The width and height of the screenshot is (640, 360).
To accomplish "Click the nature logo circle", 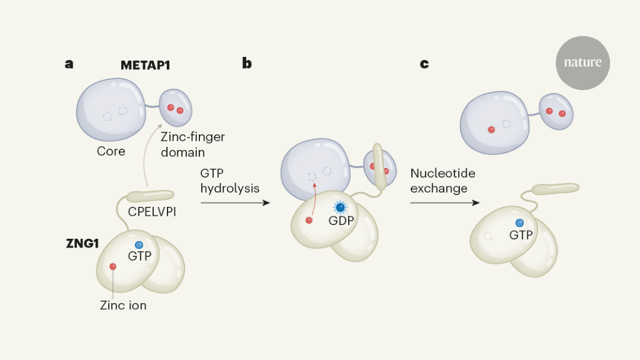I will (x=582, y=62).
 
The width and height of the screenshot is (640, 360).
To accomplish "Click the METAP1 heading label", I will (x=146, y=64).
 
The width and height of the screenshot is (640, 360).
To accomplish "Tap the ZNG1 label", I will (x=82, y=244).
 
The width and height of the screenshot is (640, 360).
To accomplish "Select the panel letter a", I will (x=69, y=63).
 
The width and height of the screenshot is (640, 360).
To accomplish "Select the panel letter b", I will (x=247, y=63).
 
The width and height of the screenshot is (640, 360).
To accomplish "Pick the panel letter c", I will (x=424, y=63).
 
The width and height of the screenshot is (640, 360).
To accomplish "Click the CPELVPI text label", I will (x=152, y=211).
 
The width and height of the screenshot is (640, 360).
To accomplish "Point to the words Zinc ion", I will (x=123, y=306).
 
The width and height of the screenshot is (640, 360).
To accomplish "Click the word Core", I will (x=111, y=151).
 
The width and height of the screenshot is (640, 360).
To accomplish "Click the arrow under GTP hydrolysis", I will (x=235, y=202).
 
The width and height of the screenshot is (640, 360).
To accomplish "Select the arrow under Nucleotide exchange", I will (x=445, y=202).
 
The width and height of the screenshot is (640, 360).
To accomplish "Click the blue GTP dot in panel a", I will (x=139, y=245).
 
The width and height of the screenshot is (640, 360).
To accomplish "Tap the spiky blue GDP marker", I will (x=341, y=207).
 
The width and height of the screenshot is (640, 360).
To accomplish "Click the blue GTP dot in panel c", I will (x=519, y=223).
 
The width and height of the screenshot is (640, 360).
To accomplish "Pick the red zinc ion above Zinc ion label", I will (x=112, y=267).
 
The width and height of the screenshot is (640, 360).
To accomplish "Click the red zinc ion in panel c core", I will (x=491, y=129).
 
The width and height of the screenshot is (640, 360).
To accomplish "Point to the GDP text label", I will (x=341, y=221).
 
